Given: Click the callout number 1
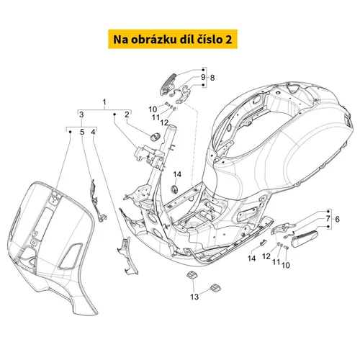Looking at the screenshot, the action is click(104, 102).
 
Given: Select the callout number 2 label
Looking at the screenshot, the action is click(127, 114).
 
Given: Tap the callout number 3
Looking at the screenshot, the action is click(81, 114).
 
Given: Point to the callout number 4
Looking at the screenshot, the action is click(93, 132).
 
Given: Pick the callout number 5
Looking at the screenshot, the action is click(82, 132).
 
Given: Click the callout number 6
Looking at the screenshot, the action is click(337, 219).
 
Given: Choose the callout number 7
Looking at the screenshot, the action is click(328, 219).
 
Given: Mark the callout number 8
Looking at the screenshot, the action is click(212, 78).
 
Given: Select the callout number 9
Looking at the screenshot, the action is click(203, 77).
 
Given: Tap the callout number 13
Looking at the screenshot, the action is click(194, 297).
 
